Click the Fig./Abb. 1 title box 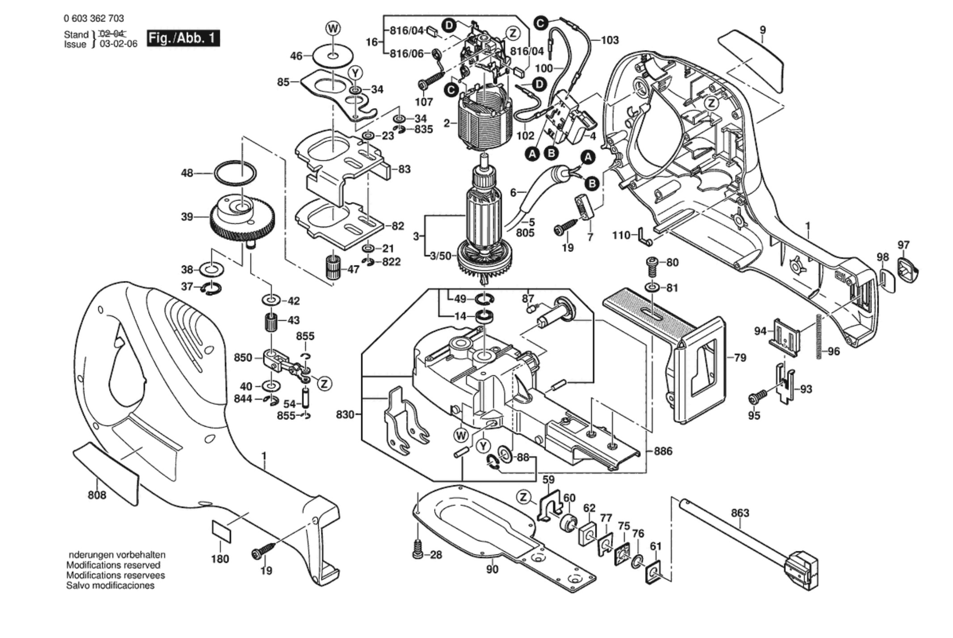click(183, 38)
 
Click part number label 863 click(740, 513)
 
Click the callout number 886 click(663, 451)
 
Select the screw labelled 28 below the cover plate click(418, 549)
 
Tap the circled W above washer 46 click(333, 29)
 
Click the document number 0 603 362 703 click(94, 18)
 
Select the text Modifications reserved click(113, 565)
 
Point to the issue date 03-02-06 click(118, 44)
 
